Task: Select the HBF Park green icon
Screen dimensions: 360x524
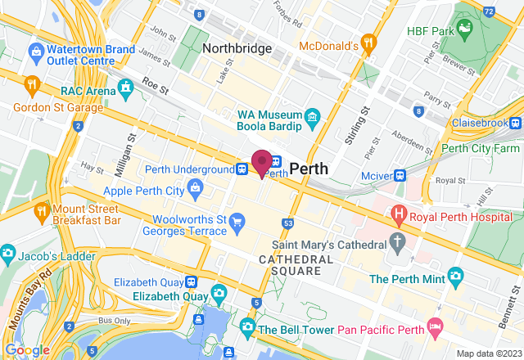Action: [x=465, y=32]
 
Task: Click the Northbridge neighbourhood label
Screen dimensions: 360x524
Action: [x=237, y=48]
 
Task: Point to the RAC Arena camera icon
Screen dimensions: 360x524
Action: [x=125, y=87]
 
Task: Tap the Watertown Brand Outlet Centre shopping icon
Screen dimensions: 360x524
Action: [x=35, y=52]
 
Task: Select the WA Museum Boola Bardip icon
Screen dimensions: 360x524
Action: [x=312, y=119]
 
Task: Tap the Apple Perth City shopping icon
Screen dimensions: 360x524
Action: [x=196, y=190]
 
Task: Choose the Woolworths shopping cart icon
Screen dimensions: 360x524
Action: [x=237, y=220]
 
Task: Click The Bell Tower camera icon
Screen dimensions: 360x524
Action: [x=246, y=327]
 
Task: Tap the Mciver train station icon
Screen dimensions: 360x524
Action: [x=401, y=174]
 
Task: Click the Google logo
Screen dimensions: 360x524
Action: [x=27, y=350]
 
